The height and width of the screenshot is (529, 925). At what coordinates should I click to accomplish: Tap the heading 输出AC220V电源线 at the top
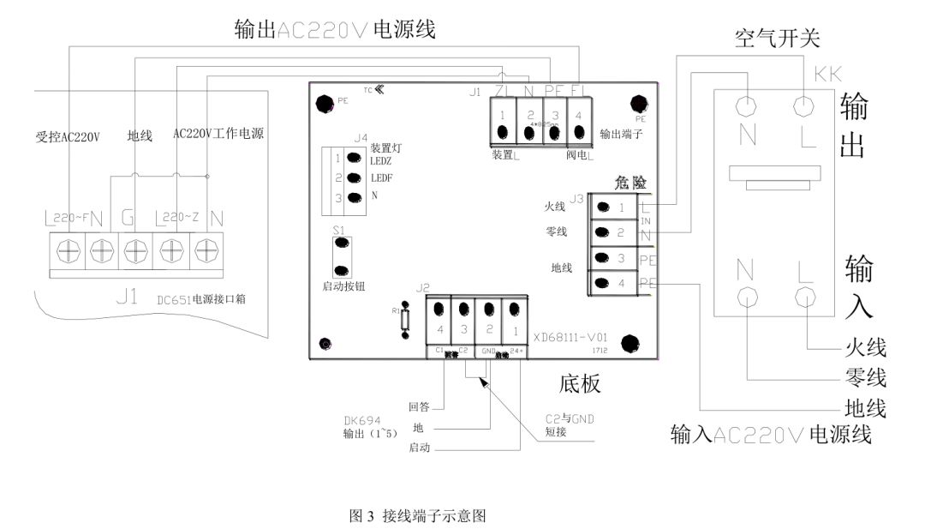(335, 30)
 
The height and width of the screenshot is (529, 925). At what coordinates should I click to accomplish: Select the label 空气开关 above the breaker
(777, 39)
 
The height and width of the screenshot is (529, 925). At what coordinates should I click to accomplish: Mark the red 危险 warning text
(630, 183)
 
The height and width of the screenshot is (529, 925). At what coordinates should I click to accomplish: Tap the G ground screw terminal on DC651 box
(134, 249)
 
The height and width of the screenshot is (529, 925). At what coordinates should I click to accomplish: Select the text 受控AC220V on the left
(69, 136)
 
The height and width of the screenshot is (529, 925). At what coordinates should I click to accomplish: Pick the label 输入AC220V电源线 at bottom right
(771, 434)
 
